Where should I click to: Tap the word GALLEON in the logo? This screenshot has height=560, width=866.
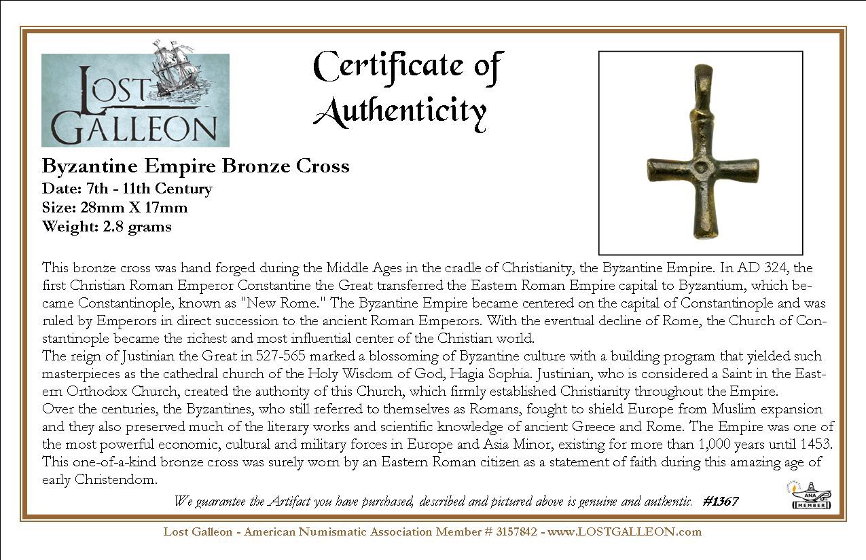click(x=134, y=129)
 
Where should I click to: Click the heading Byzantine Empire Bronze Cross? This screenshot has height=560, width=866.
click(x=196, y=166)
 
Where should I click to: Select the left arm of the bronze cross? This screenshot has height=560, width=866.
click(x=670, y=169)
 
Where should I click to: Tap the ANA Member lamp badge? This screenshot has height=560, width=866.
click(x=812, y=495)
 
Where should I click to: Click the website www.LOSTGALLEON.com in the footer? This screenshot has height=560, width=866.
click(x=624, y=531)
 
